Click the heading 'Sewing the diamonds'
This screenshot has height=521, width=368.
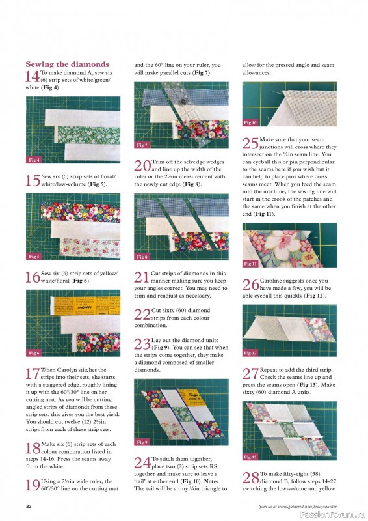(67, 64)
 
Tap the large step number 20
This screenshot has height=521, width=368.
(142, 167)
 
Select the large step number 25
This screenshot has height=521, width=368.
(250, 144)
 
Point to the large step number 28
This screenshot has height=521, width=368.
(250, 478)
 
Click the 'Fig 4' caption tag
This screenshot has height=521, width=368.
(34, 160)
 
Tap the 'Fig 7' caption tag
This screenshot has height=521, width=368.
(142, 145)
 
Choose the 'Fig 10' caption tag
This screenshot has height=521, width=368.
(250, 122)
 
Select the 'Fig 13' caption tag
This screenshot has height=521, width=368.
(250, 457)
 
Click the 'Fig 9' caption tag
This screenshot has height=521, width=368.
(142, 442)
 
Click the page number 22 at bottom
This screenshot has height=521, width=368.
(29, 505)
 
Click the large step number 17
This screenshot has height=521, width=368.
(32, 374)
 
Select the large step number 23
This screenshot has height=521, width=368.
(142, 344)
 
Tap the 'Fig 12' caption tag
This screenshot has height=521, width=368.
(250, 353)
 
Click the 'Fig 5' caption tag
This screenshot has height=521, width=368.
(34, 257)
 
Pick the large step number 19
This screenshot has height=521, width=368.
(32, 485)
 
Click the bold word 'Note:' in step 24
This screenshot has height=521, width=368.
(210, 481)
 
